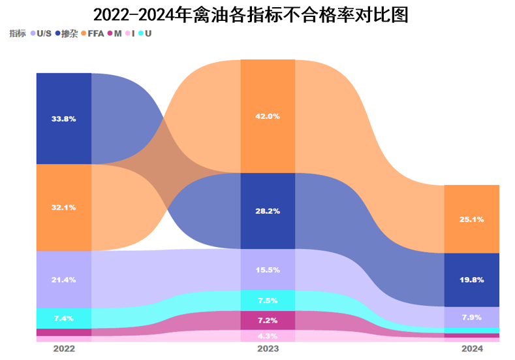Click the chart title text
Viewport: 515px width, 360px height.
click(251, 15)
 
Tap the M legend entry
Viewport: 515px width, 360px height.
click(116, 33)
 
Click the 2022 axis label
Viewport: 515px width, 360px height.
click(64, 350)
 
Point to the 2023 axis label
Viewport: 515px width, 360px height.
click(268, 350)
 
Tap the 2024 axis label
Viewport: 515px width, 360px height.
click(472, 350)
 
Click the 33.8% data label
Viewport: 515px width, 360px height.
click(64, 119)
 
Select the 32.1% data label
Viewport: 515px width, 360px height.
click(64, 207)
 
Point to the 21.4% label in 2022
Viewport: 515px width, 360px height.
click(64, 280)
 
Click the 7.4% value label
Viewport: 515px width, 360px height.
click(64, 318)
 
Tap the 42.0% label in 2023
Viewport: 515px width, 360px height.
click(268, 116)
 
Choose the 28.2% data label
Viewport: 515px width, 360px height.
click(268, 211)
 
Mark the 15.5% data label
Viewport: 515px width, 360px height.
click(268, 270)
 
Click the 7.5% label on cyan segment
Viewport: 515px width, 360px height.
click(268, 301)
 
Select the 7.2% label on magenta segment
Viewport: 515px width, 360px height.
click(268, 321)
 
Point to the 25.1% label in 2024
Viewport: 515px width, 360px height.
click(472, 220)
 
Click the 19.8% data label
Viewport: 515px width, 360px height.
click(472, 280)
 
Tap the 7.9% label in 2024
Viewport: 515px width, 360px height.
click(472, 318)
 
